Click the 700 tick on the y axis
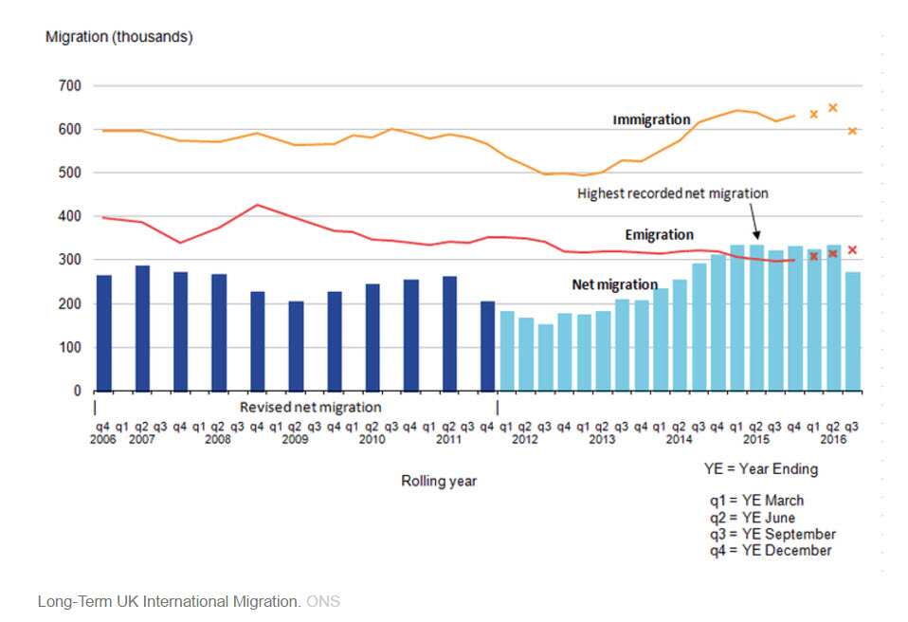tap(71, 85)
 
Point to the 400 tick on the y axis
tap(71, 216)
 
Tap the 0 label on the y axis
tap(78, 391)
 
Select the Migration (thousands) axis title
tap(119, 37)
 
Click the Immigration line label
tap(651, 119)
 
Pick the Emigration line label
tap(659, 234)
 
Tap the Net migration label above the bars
tap(614, 284)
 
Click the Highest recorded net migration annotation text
tap(672, 193)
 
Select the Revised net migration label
tap(310, 407)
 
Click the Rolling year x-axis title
tap(439, 481)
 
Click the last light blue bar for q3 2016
tap(852, 331)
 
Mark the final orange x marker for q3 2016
tap(852, 131)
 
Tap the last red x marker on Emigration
tap(852, 250)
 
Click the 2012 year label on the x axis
tap(525, 440)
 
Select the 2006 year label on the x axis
tap(101, 440)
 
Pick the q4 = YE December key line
tap(770, 551)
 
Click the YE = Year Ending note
tap(760, 468)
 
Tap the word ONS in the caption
tap(322, 601)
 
